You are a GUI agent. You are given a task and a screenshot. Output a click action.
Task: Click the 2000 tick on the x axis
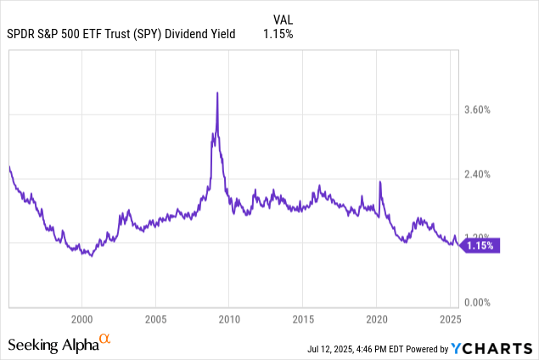pyautogui.click(x=81, y=320)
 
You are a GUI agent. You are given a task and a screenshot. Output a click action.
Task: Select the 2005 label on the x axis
pyautogui.click(x=155, y=320)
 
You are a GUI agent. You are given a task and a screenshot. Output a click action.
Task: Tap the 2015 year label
pyautogui.click(x=303, y=320)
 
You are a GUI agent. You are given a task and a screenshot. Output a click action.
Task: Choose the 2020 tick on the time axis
pyautogui.click(x=377, y=320)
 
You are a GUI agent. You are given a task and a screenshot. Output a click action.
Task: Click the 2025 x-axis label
pyautogui.click(x=450, y=320)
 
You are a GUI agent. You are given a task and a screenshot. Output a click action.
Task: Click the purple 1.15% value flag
pyautogui.click(x=483, y=245)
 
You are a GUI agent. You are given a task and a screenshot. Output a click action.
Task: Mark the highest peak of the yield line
pyautogui.click(x=218, y=93)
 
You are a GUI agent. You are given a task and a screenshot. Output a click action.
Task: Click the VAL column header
pyautogui.click(x=284, y=19)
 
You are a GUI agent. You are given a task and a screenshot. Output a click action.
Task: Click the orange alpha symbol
pyautogui.click(x=105, y=340)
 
